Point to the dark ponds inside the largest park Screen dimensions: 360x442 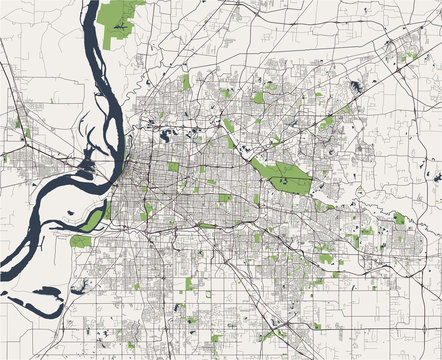pos(283,180)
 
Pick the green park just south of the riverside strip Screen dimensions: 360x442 pos(81,241)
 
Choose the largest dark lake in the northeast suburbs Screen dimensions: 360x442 pos(357,86)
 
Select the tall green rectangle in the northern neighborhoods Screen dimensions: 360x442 pos(186,83)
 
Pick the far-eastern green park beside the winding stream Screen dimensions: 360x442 pos(399,217)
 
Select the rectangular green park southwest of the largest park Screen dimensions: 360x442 pos(225,198)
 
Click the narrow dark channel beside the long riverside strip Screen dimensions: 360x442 pos(104,212)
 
